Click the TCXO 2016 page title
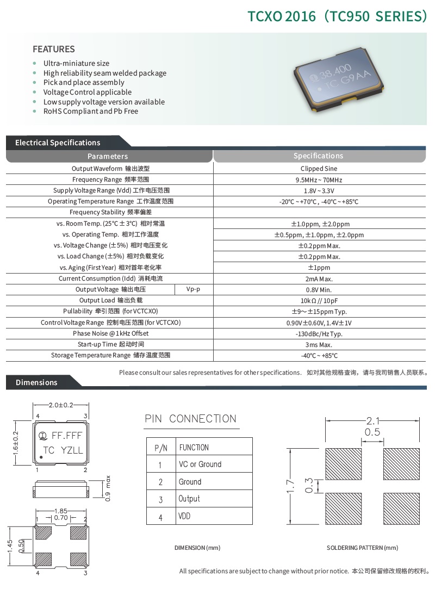[337, 16]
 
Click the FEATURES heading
[54, 49]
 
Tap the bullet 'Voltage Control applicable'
[87, 92]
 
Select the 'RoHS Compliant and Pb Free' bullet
[90, 111]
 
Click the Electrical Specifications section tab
[58, 142]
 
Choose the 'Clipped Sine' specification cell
[319, 169]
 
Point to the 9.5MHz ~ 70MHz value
[319, 180]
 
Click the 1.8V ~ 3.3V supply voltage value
[319, 191]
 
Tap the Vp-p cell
[193, 289]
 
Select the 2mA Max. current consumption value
[319, 279]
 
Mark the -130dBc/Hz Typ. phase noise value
[319, 334]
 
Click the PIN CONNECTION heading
[190, 419]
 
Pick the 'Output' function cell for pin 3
[189, 499]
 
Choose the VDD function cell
[184, 516]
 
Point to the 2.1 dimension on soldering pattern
[372, 420]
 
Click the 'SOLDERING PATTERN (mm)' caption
[362, 548]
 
